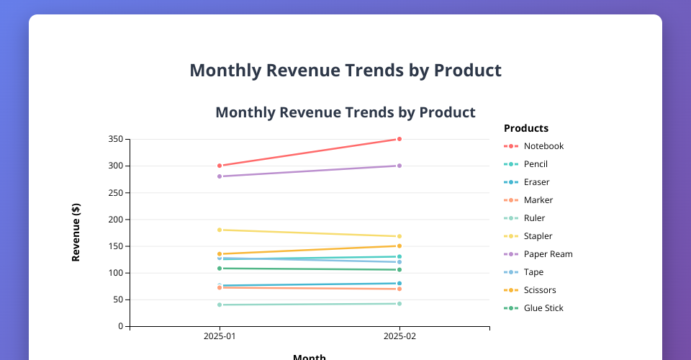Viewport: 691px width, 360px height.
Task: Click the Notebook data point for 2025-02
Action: coord(399,139)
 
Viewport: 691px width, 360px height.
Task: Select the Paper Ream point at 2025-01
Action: coord(220,176)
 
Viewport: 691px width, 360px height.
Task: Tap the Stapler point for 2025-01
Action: coord(220,230)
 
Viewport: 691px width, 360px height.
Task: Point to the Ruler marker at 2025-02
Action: coord(399,304)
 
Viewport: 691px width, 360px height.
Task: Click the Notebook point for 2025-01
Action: coord(220,166)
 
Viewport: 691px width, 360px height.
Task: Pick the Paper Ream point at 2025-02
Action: coord(399,166)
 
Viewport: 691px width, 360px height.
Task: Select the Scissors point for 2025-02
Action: coord(399,246)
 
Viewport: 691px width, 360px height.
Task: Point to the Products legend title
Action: coord(526,129)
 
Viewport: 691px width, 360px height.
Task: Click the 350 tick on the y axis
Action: coord(115,139)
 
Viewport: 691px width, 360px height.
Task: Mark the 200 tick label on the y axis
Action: coord(115,220)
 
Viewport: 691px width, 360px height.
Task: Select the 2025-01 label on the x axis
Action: coord(220,336)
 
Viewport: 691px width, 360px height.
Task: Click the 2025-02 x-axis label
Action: coord(399,336)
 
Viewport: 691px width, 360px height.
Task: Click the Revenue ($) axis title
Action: coord(76,233)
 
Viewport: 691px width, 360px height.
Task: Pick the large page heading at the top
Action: coord(345,71)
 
